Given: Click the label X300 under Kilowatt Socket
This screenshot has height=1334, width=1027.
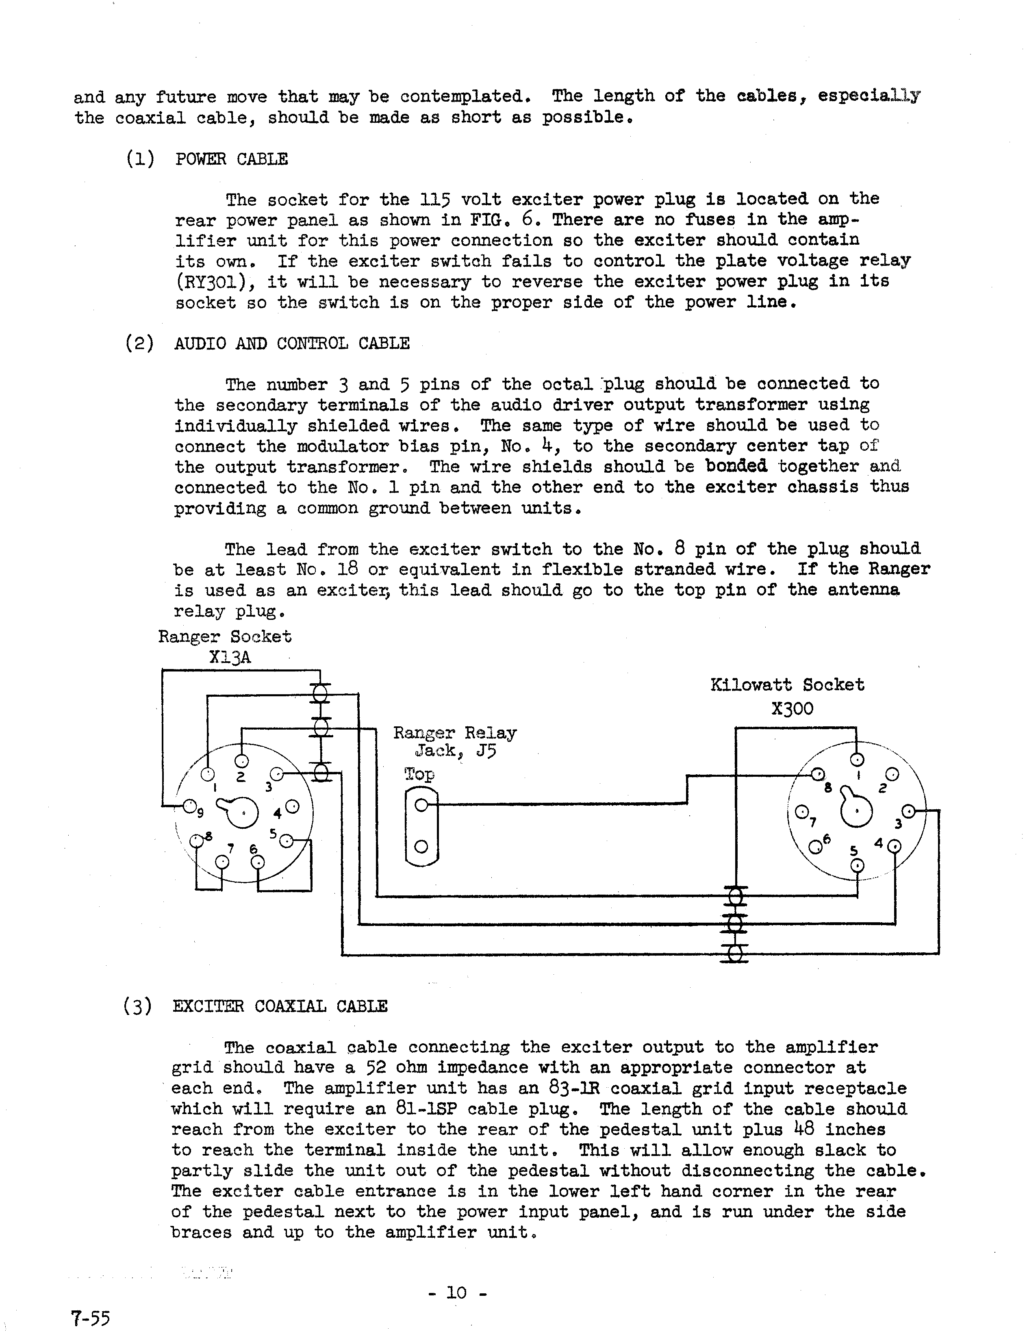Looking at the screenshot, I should tap(792, 708).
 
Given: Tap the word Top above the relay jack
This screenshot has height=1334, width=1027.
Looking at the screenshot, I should tap(419, 774).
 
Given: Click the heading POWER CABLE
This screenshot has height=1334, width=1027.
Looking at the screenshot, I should tap(231, 159).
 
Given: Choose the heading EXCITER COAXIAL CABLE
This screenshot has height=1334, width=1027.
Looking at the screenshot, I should tap(280, 1006).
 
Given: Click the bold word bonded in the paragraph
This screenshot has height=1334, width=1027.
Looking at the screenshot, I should tap(736, 467).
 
